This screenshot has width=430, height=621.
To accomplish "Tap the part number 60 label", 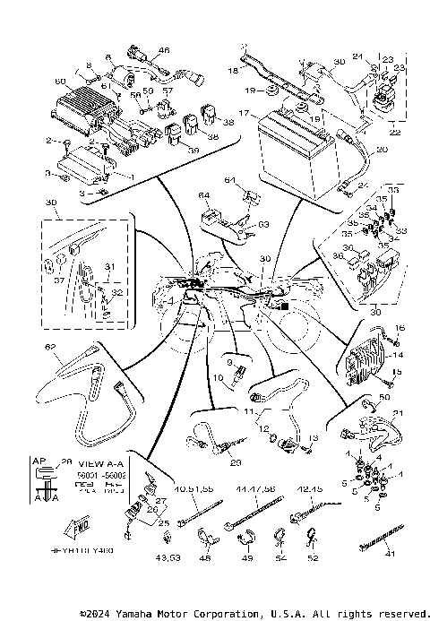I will coord(61,82).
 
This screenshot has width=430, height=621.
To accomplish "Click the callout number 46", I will coord(163,50).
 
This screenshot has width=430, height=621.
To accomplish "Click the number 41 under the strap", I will coord(388,555).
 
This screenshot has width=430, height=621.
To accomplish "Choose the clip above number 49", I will coord(245,539).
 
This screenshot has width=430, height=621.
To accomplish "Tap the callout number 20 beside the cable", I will coord(382,150).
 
